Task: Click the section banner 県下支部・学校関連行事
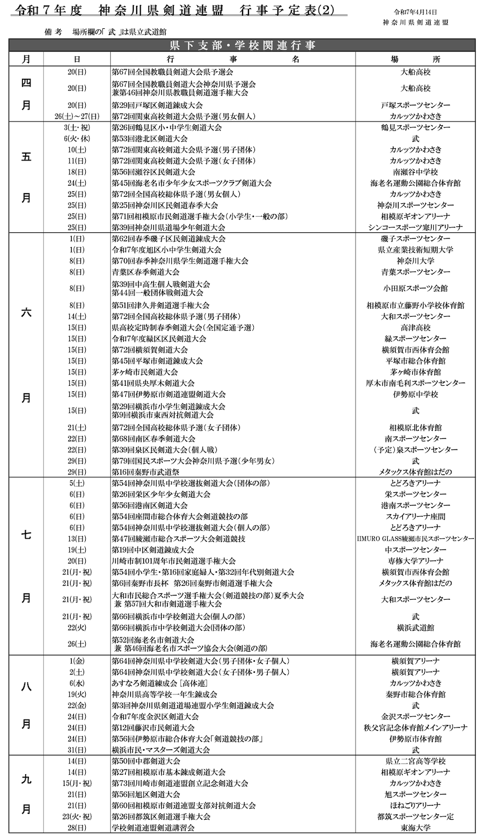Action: (242, 45)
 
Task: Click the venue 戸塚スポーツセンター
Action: (415, 105)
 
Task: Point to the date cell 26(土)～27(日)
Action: (77, 116)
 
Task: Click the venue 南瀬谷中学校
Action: (415, 172)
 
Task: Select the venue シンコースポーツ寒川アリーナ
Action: (415, 227)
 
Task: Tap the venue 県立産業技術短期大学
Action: (415, 250)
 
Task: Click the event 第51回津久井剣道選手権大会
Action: (160, 306)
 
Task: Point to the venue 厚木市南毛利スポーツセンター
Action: (415, 383)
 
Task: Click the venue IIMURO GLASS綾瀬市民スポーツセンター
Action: (415, 539)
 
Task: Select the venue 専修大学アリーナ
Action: (415, 561)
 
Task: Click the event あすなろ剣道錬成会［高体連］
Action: (160, 683)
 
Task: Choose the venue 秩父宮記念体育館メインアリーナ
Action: (415, 728)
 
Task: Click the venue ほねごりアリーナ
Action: (415, 805)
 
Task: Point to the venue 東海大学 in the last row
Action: (415, 828)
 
